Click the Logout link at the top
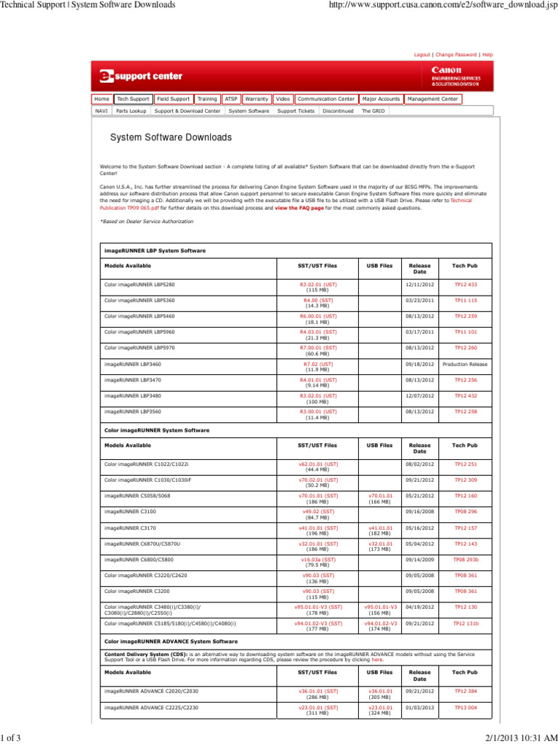pyautogui.click(x=421, y=54)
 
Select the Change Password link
pyautogui.click(x=456, y=54)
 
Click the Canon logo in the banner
pyautogui.click(x=447, y=70)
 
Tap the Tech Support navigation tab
pyautogui.click(x=133, y=99)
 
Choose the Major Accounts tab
pyautogui.click(x=381, y=99)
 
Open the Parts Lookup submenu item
pyautogui.click(x=131, y=111)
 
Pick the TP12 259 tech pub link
pyautogui.click(x=465, y=316)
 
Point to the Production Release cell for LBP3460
pyautogui.click(x=465, y=364)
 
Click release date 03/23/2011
pyautogui.click(x=419, y=300)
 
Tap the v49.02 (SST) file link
pyautogui.click(x=318, y=511)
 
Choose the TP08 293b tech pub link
pyautogui.click(x=466, y=559)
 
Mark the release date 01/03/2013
pyautogui.click(x=419, y=707)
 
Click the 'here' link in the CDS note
pyautogui.click(x=377, y=660)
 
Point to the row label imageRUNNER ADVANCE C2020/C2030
pyautogui.click(x=151, y=691)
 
